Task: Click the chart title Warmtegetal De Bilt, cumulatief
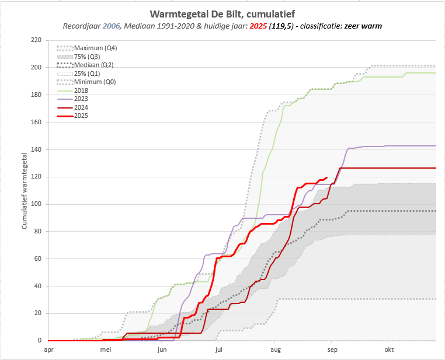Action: pos(222,13)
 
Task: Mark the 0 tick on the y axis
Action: pos(40,341)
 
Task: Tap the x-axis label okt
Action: pos(388,350)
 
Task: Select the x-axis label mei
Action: pos(105,350)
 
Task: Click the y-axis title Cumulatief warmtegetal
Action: pos(25,190)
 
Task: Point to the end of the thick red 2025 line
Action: pos(326,177)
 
